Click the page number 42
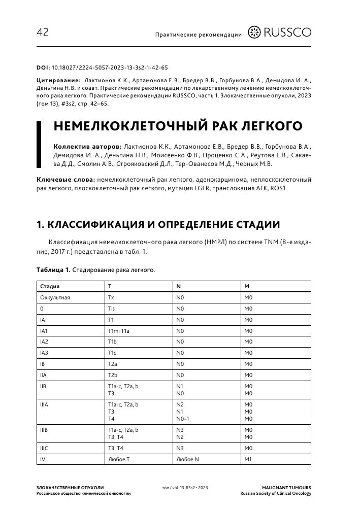point(43,33)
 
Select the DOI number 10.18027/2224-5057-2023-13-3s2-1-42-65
point(110,67)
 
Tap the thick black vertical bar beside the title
point(39,145)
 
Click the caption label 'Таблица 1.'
point(53,269)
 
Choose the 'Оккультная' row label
point(55,297)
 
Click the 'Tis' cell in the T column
point(112,309)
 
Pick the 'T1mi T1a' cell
point(119,330)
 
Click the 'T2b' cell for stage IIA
point(113,374)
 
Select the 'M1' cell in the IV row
point(249,459)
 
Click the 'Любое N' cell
point(187,459)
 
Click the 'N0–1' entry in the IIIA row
point(183,419)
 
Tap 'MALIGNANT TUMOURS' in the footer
point(289,487)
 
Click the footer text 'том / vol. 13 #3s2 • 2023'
point(185,487)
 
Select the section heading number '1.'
point(41,224)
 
